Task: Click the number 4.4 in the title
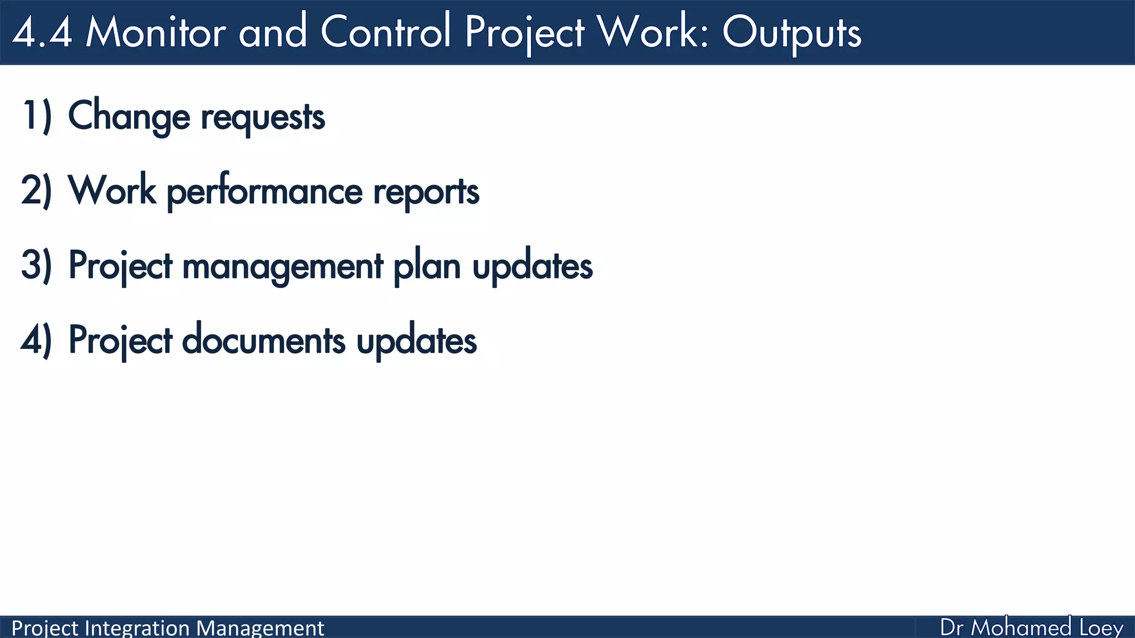(42, 32)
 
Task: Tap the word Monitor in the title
(156, 32)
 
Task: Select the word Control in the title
(386, 32)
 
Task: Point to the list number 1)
(37, 116)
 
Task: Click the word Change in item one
(129, 117)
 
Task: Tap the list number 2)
(37, 191)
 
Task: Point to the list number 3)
(37, 265)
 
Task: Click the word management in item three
(283, 267)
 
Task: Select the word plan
(427, 267)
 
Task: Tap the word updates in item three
(532, 267)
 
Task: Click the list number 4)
(37, 340)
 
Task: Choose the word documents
(263, 341)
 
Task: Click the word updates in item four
(416, 342)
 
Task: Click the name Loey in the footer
(1101, 628)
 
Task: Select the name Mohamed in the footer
(1021, 627)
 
